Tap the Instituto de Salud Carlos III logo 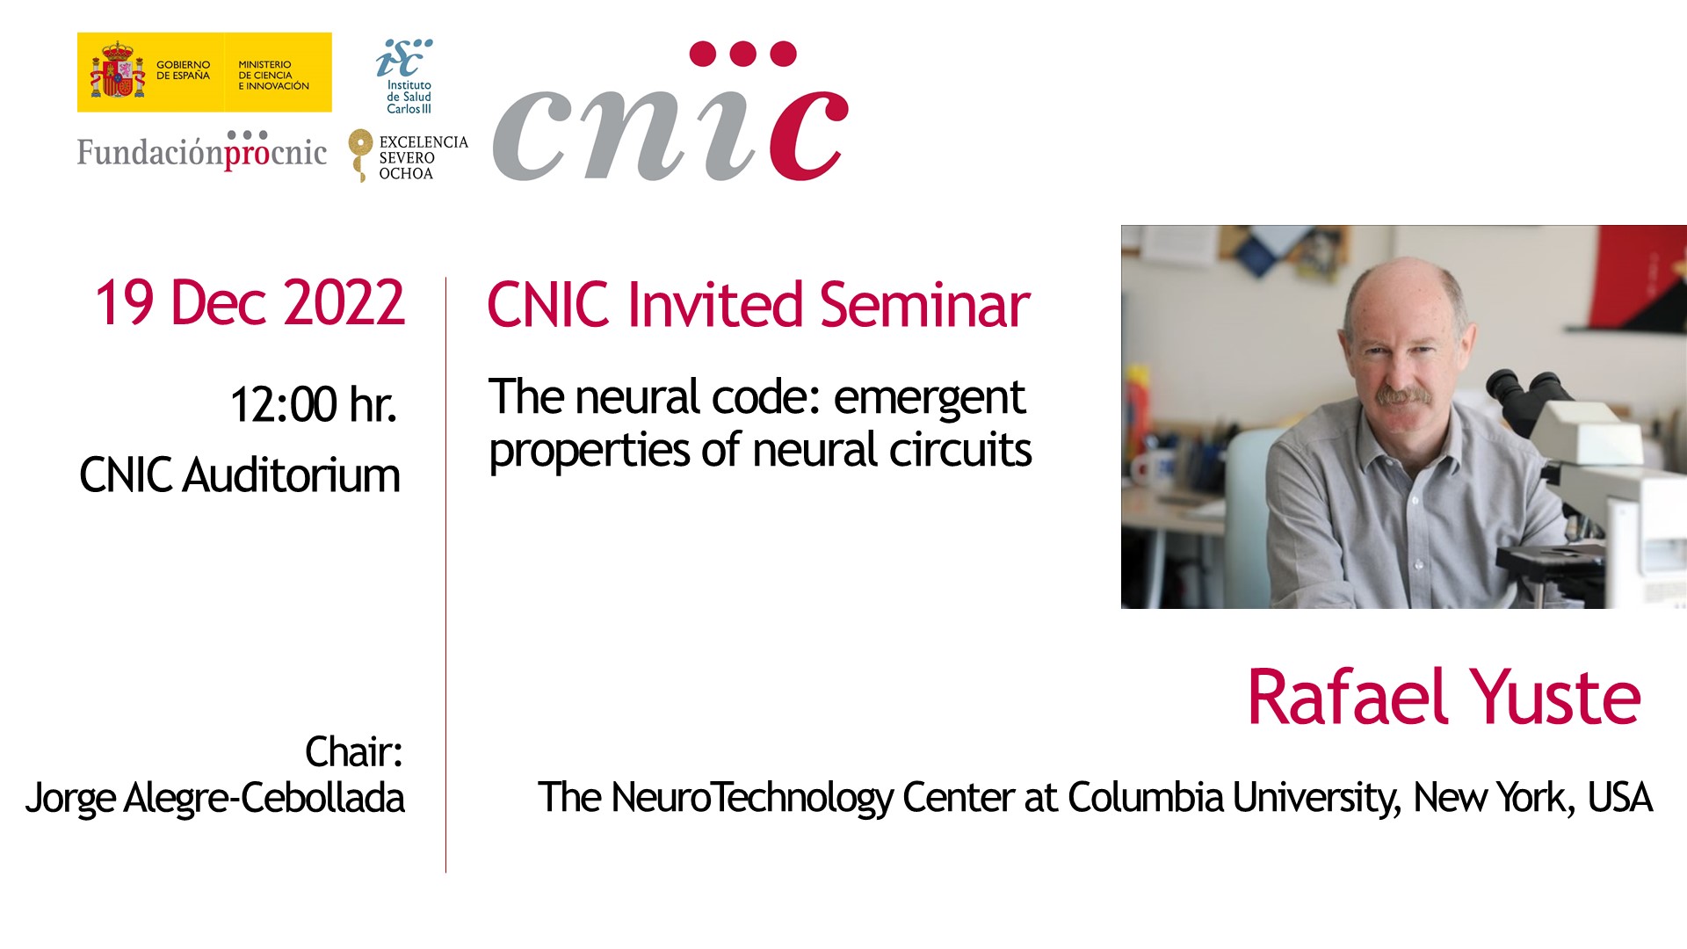[x=407, y=76]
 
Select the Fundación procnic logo [x=202, y=150]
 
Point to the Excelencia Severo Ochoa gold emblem [x=359, y=155]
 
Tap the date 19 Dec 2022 [x=250, y=303]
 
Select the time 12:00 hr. [x=313, y=404]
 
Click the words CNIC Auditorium [x=240, y=475]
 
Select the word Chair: [x=354, y=752]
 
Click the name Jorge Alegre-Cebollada [x=215, y=798]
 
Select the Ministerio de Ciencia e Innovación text [x=273, y=76]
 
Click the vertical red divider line [x=445, y=575]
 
